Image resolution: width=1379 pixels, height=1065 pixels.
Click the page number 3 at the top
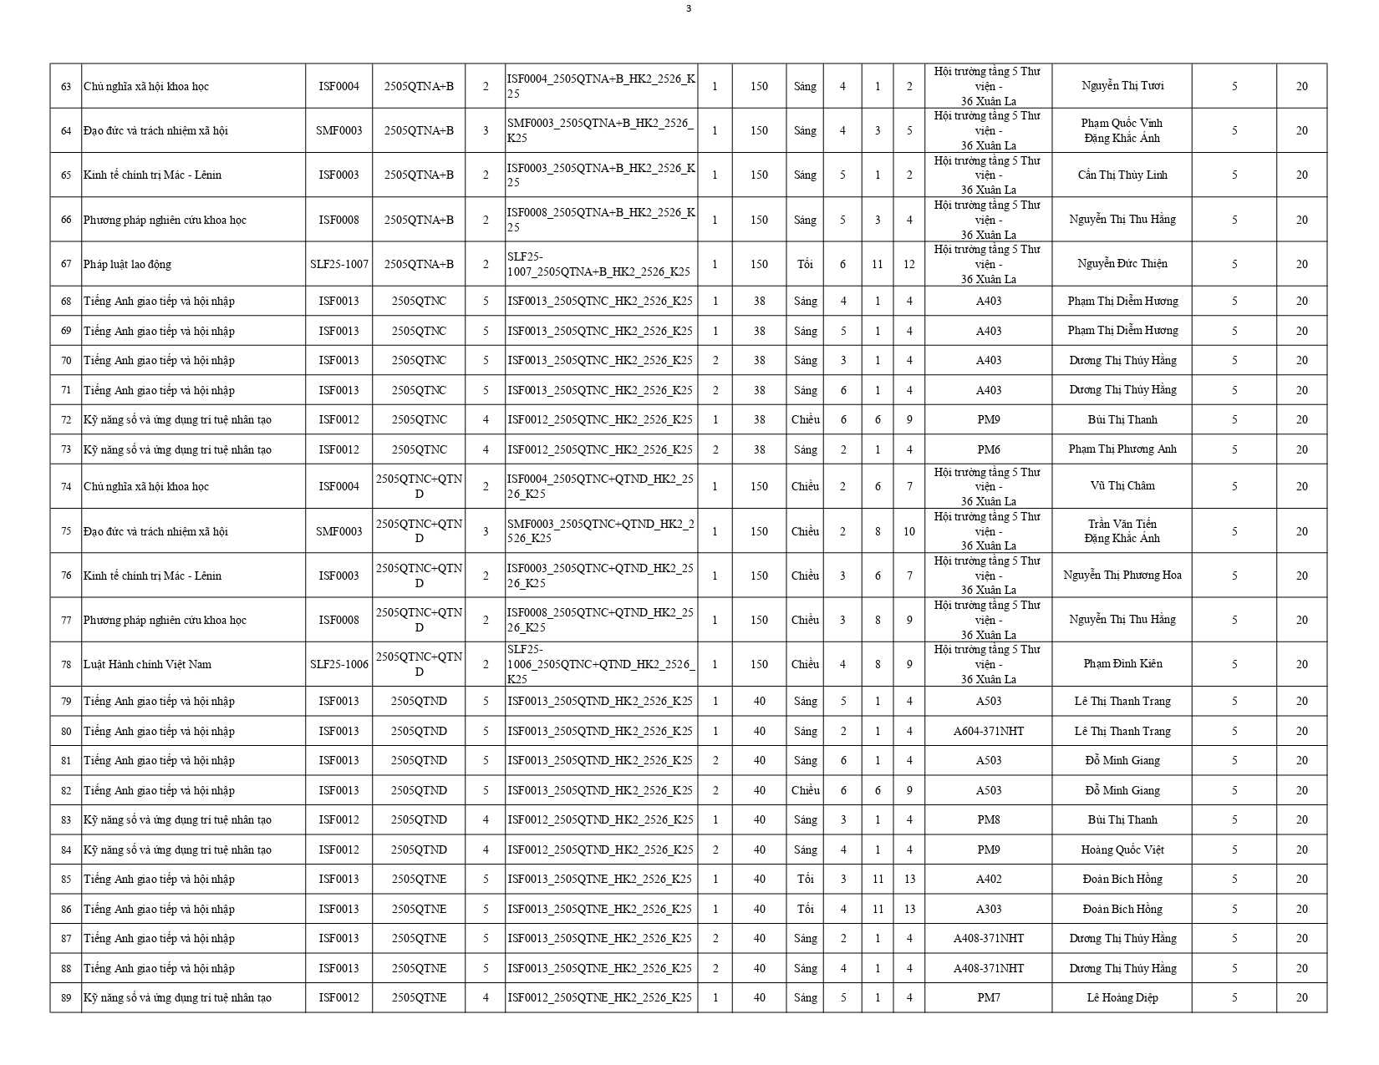pos(688,9)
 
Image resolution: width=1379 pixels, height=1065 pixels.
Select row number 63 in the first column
pos(66,87)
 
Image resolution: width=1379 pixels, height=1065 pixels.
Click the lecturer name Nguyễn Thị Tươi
pos(1122,86)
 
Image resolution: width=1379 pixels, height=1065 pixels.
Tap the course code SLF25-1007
pos(338,265)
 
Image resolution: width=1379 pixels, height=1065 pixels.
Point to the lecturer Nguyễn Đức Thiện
pos(1122,264)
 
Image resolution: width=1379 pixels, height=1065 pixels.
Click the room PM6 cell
pos(988,449)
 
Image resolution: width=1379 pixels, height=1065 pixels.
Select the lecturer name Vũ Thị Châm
pos(1122,486)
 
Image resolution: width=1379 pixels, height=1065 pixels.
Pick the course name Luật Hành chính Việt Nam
pos(147,665)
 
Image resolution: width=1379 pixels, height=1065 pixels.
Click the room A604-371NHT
pos(988,732)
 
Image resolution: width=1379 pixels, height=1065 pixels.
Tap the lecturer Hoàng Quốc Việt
pos(1122,850)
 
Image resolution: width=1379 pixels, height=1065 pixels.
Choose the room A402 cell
pos(988,880)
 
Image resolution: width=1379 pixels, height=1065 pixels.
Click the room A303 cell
pos(988,910)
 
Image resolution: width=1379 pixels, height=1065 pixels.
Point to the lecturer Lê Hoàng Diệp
pos(1122,998)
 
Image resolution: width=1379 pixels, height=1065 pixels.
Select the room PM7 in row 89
pos(988,998)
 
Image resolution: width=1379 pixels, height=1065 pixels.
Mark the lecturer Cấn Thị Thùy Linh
pos(1122,175)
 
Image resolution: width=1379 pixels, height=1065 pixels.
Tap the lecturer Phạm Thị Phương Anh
pos(1122,449)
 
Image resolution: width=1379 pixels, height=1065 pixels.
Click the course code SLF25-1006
pos(338,665)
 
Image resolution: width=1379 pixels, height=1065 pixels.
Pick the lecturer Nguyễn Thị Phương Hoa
pos(1122,576)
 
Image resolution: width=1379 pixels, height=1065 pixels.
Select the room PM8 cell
pos(988,820)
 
